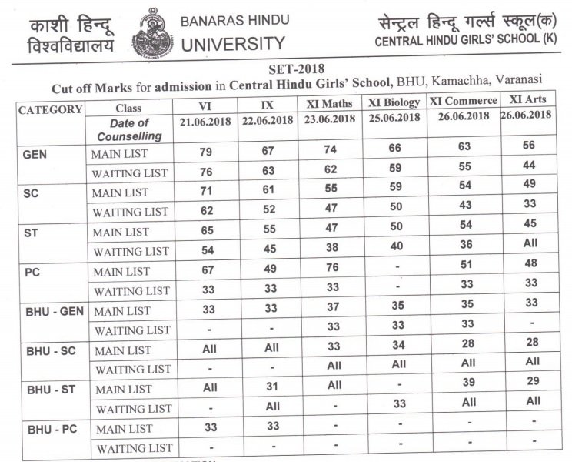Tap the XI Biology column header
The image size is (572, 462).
coord(394,102)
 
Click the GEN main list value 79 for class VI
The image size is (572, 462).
coord(205,153)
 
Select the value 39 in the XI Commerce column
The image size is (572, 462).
coord(463,388)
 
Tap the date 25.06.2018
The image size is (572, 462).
coord(394,118)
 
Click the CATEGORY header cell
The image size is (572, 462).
coord(50,109)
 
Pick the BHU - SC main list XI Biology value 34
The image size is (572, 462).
coord(397,349)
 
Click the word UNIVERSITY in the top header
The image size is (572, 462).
coord(232,44)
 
